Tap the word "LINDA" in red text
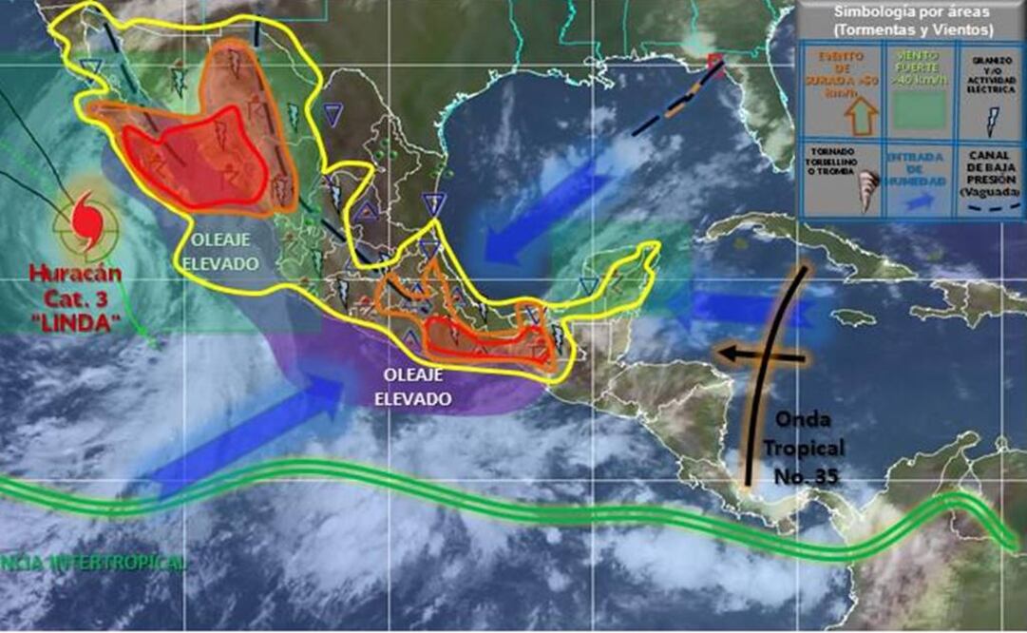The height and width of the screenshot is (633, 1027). tap(83, 324)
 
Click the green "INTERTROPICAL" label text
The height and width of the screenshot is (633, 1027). tap(95, 564)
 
